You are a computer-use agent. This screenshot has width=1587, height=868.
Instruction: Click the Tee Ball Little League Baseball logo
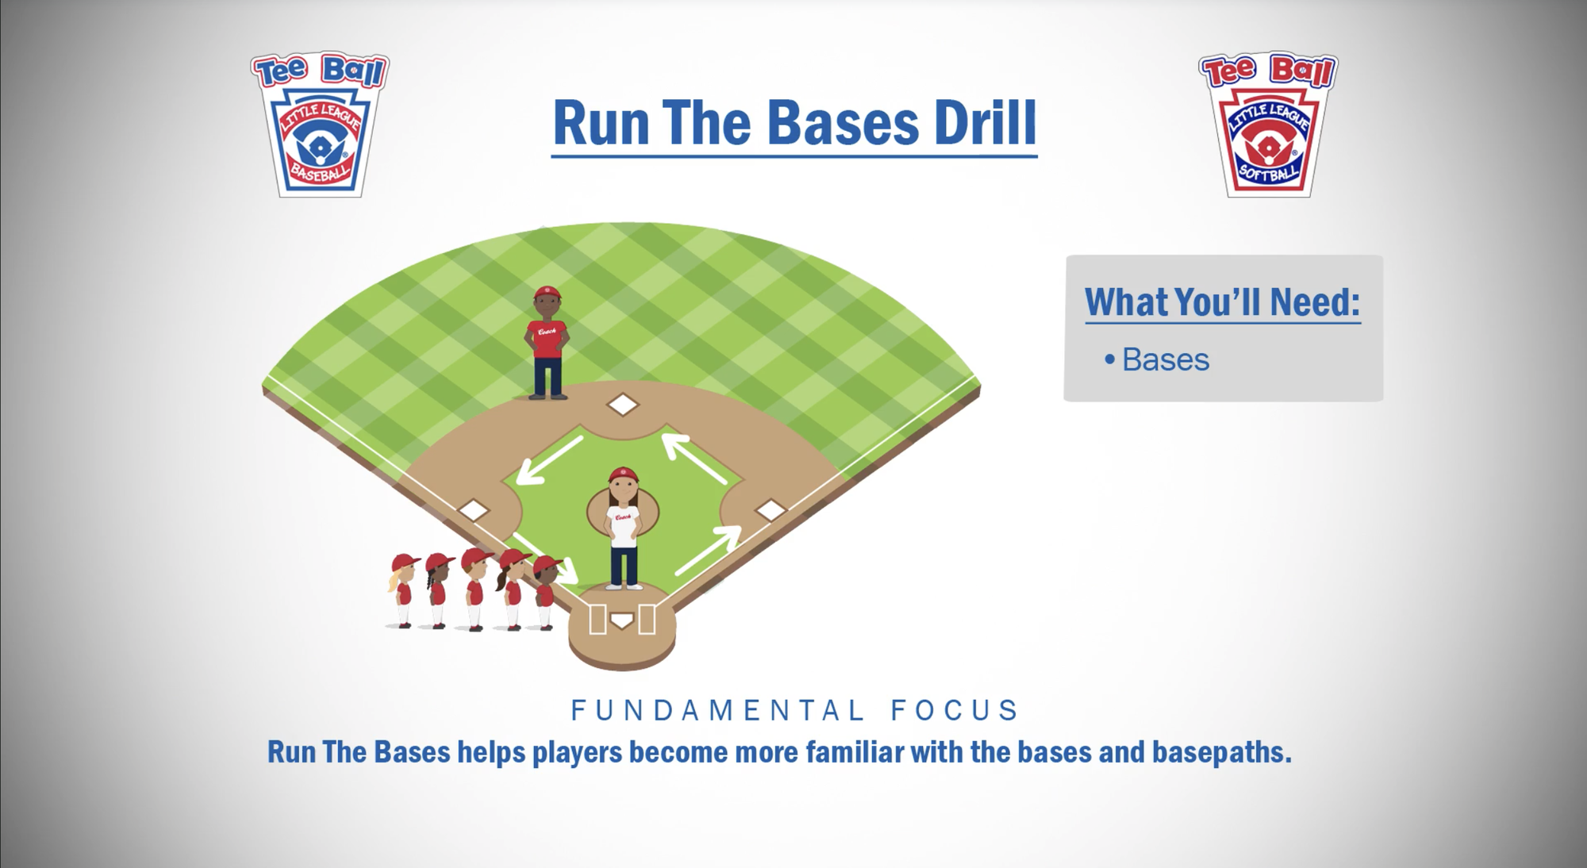pos(320,125)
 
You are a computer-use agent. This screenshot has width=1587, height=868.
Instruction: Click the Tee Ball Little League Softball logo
pos(1268,125)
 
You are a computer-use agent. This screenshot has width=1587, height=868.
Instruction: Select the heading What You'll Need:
pos(1222,302)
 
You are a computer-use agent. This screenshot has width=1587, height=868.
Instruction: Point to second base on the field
pos(623,405)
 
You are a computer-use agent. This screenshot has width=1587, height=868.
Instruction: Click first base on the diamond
pos(770,510)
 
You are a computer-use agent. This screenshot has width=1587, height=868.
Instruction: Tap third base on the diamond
pos(475,510)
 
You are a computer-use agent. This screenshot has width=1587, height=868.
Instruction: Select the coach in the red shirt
pos(548,343)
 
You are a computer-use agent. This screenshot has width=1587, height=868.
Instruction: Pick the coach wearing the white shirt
pos(624,528)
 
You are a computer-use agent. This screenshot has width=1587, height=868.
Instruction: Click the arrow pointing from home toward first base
pos(708,551)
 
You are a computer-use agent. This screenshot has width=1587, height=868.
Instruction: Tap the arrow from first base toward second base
pos(695,459)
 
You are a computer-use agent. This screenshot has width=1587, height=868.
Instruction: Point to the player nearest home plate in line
pos(546,593)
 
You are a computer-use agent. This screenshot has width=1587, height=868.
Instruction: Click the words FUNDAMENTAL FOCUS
pos(794,710)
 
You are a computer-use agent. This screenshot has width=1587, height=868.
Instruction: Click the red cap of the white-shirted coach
pos(623,475)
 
